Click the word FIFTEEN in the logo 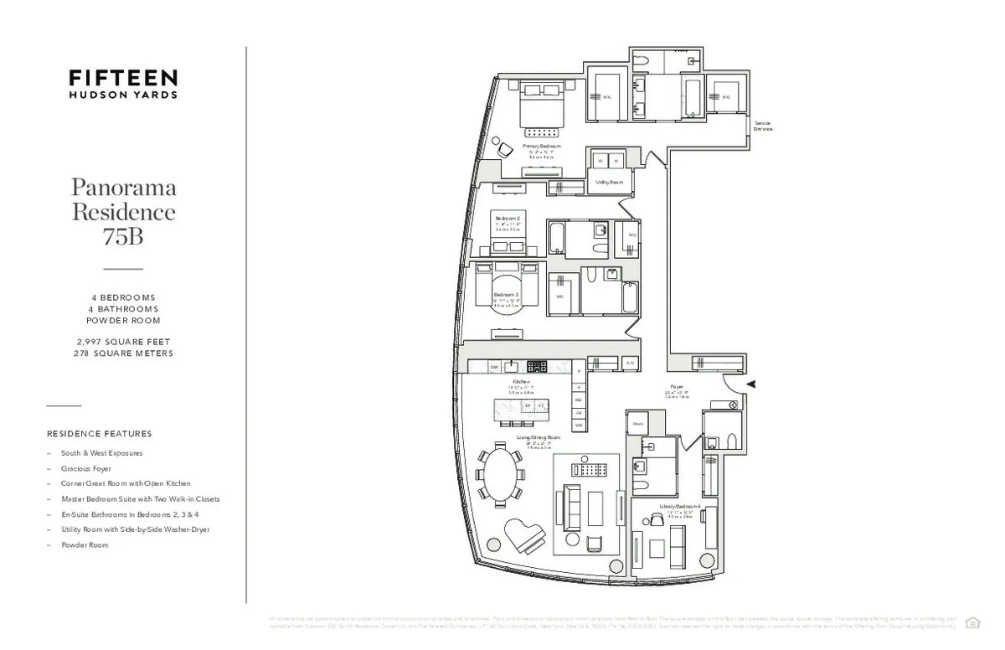click(123, 78)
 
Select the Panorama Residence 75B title click(123, 211)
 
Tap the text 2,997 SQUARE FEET click(123, 342)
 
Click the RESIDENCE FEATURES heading click(100, 434)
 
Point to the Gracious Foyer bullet click(85, 469)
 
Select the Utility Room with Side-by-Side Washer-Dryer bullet click(135, 529)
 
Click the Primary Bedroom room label click(542, 146)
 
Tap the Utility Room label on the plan click(609, 182)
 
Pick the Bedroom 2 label click(508, 218)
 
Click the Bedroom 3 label click(506, 295)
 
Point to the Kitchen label click(521, 382)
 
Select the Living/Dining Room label click(539, 437)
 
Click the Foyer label click(677, 387)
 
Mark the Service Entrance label click(762, 126)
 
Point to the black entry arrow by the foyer click(751, 384)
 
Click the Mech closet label click(637, 424)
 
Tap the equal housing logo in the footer click(971, 622)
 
